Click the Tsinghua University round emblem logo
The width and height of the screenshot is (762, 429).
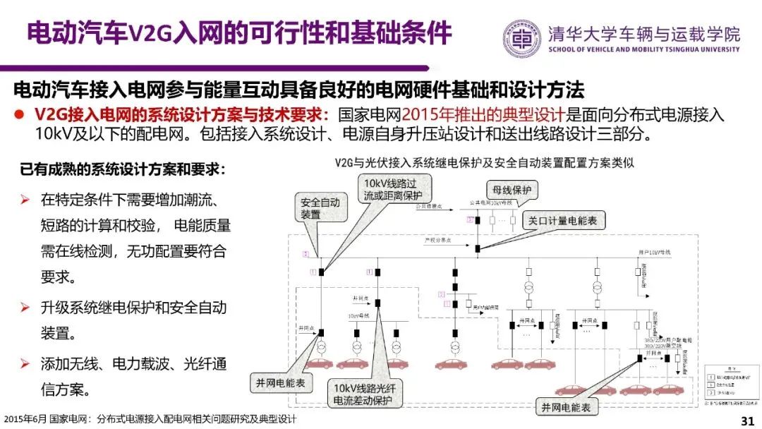[523, 39]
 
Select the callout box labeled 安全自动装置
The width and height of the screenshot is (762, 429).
[320, 208]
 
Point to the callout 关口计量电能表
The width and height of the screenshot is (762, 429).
[562, 221]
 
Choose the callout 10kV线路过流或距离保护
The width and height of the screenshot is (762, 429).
[394, 188]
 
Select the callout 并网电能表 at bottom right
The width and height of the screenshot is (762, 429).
[566, 406]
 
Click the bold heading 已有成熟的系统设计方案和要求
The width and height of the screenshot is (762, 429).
[123, 170]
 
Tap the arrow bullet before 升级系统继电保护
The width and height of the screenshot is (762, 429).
[25, 308]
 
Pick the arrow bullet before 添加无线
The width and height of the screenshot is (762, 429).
[25, 364]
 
